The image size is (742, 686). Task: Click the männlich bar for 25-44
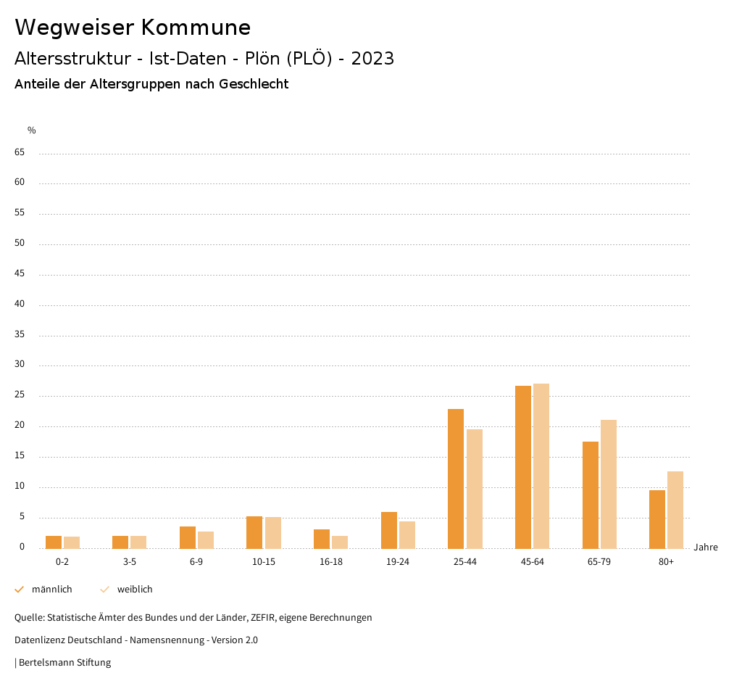[x=456, y=479]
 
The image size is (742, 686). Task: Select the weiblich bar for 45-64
[x=541, y=466]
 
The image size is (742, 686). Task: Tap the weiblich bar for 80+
[x=675, y=510]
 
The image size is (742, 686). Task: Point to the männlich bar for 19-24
[x=389, y=530]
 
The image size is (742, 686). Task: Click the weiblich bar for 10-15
[x=273, y=532]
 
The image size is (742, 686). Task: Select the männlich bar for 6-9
[x=188, y=537]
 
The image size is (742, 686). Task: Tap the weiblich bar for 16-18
[x=340, y=542]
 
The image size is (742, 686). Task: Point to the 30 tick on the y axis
[x=20, y=365]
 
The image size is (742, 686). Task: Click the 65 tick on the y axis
[x=20, y=152]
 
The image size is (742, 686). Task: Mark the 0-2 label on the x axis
[x=62, y=562]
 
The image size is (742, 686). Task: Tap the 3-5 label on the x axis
[x=130, y=562]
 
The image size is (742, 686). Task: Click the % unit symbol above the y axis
[x=32, y=131]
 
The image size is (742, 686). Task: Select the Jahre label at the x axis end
[x=706, y=547]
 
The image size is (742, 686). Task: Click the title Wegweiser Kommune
[x=133, y=28]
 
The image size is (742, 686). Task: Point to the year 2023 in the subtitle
[x=372, y=59]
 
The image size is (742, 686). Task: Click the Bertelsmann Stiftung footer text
[x=64, y=663]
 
